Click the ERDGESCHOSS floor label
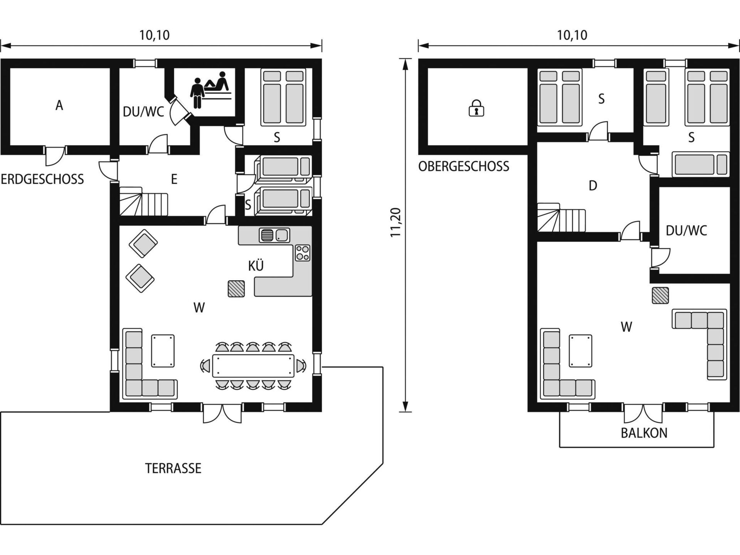point(42,179)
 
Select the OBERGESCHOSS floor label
point(464,166)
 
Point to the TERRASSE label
point(173,468)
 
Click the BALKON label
point(644,433)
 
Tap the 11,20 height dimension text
point(396,222)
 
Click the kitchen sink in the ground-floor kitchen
point(275,235)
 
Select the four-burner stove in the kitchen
point(303,253)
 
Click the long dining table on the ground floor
point(253,366)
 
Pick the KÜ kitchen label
point(256,266)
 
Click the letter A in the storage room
point(59,105)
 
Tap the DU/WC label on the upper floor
point(686,230)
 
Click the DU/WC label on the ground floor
point(143,112)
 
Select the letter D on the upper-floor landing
point(593,186)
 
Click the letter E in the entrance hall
point(174,179)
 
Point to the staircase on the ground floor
point(143,201)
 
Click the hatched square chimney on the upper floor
point(660,296)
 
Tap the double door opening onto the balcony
point(643,413)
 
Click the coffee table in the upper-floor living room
point(580,351)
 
